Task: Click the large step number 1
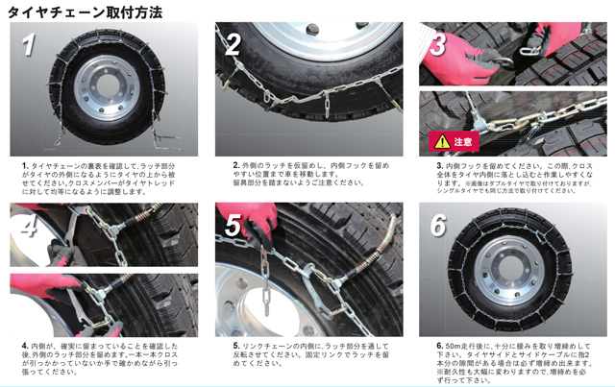[30, 44]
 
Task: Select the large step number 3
[439, 43]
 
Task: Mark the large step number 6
[439, 225]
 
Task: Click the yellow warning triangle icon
[441, 141]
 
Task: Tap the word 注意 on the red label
[464, 142]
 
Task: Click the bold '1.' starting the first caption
[26, 165]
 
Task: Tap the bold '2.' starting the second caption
[235, 165]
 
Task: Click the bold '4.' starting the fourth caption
[25, 345]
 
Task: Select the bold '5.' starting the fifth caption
[235, 345]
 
